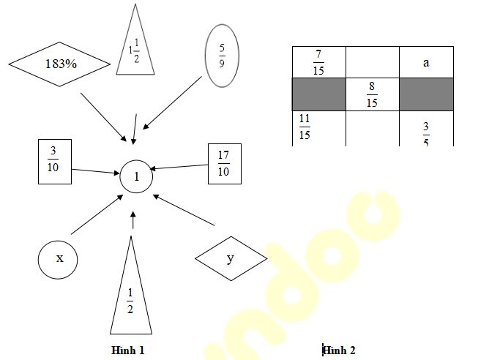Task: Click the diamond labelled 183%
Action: (x=61, y=64)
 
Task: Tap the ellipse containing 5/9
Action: (x=220, y=55)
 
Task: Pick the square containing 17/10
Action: (x=224, y=163)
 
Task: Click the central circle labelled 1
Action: (x=136, y=176)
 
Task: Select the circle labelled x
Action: (x=58, y=258)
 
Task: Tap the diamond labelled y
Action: (x=231, y=258)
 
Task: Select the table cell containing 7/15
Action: (x=318, y=61)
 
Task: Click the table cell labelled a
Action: (x=426, y=61)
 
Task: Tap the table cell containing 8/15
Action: (x=372, y=94)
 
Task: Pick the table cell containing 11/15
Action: (x=318, y=128)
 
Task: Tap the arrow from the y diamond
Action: (x=184, y=210)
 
